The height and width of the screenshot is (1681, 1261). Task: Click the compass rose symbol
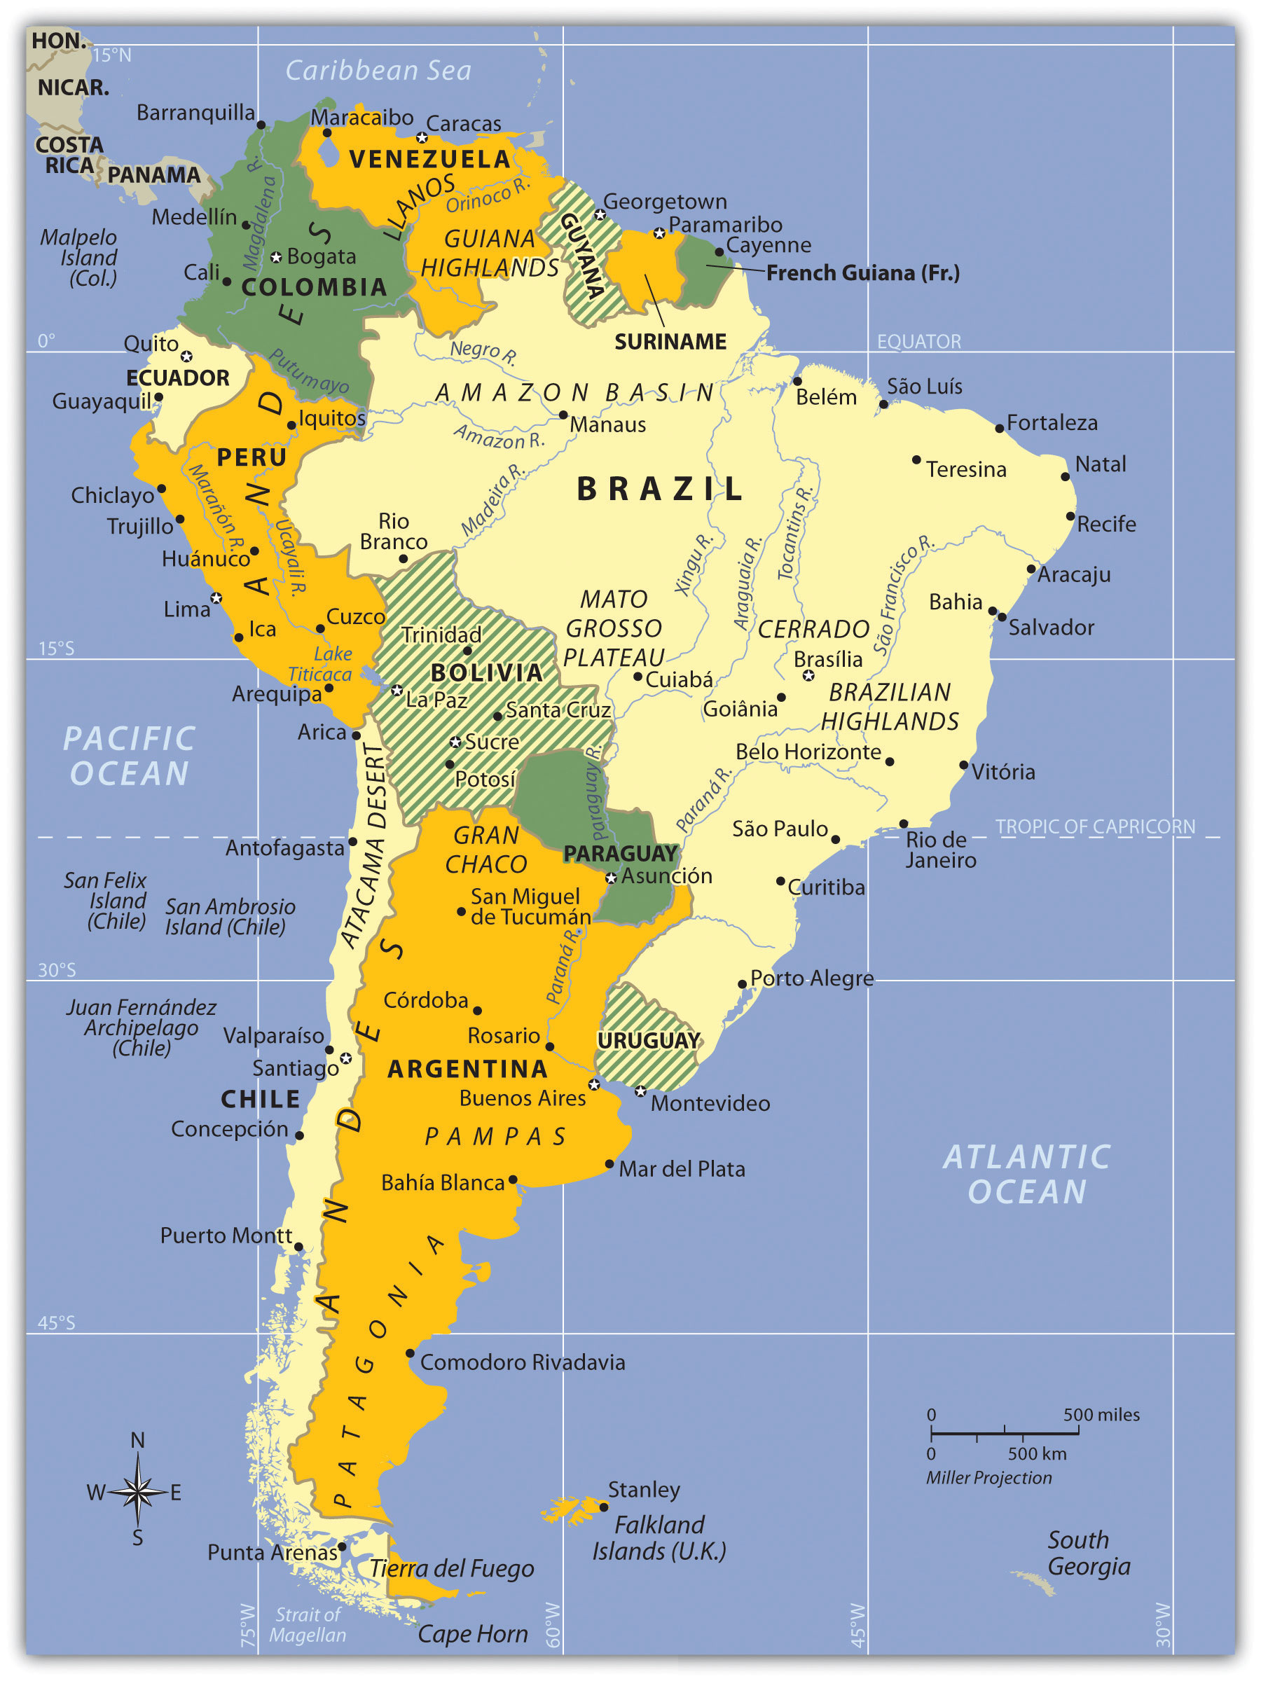(x=137, y=1492)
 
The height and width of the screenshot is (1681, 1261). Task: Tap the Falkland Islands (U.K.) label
(x=659, y=1538)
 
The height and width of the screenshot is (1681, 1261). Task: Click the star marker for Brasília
(x=808, y=675)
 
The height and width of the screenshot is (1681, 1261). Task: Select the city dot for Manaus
(x=563, y=415)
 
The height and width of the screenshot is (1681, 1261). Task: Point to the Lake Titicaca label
(x=320, y=664)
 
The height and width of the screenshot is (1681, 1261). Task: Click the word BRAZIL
(x=659, y=489)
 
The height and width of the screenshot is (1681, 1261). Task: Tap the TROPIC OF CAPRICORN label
(x=1094, y=826)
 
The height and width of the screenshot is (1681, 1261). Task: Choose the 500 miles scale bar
(x=1004, y=1433)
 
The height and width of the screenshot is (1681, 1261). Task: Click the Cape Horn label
(x=473, y=1633)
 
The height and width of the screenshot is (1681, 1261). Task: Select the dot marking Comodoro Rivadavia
(x=410, y=1353)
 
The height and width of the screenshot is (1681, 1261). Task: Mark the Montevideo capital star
(x=641, y=1091)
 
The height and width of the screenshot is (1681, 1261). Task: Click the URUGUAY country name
(x=648, y=1040)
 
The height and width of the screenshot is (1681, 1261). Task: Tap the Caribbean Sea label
(x=378, y=71)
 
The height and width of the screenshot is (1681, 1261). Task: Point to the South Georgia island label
(x=1088, y=1554)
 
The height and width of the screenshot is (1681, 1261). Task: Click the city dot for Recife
(x=1070, y=516)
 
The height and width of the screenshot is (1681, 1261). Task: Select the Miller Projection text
(x=988, y=1477)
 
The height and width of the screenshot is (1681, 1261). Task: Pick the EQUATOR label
(x=918, y=342)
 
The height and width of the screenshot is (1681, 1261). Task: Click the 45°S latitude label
(x=56, y=1323)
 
